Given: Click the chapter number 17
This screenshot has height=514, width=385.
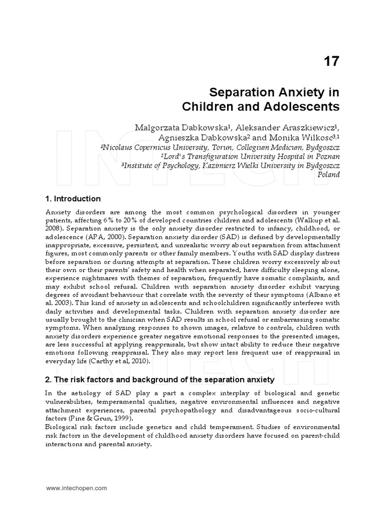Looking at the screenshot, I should click(331, 61).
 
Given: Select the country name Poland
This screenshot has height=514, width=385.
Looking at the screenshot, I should click(329, 175).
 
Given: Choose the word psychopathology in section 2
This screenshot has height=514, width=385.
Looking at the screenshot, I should click(191, 410).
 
